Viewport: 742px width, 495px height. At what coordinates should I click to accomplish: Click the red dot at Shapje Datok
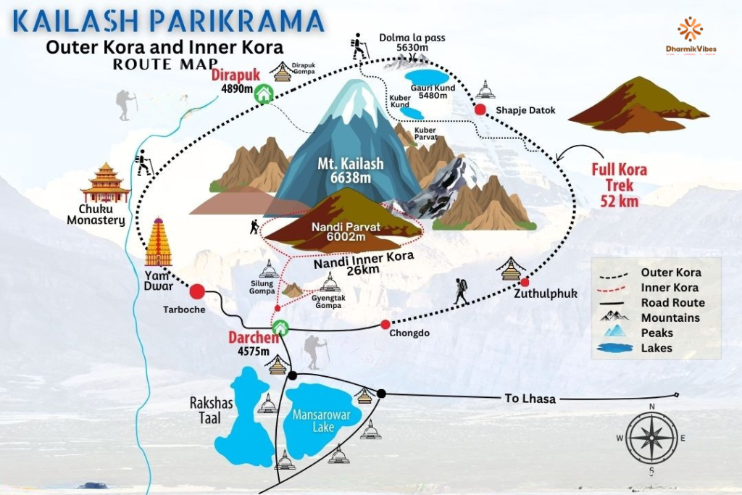(x=480, y=109)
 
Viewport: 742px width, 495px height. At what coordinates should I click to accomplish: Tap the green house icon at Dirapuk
(x=263, y=93)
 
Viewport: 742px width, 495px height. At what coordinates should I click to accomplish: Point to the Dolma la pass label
(x=412, y=43)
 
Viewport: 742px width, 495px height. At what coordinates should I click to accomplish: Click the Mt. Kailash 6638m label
(x=350, y=171)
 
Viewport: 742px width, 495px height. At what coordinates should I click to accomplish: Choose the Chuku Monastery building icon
(x=106, y=183)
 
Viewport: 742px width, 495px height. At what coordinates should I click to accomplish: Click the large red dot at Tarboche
(x=196, y=292)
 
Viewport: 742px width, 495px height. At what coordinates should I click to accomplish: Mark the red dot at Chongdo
(x=385, y=324)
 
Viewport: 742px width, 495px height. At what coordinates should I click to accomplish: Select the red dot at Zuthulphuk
(x=525, y=282)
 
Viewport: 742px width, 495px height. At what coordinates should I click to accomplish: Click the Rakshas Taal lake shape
(x=243, y=420)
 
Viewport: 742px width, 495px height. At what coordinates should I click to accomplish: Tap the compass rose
(x=652, y=437)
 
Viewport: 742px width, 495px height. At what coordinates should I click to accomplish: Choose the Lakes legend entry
(x=656, y=348)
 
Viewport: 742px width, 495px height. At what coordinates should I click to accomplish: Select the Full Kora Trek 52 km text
(x=619, y=186)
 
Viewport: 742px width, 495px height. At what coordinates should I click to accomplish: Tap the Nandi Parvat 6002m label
(x=346, y=232)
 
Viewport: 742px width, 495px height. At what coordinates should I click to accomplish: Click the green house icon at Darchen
(x=280, y=328)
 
